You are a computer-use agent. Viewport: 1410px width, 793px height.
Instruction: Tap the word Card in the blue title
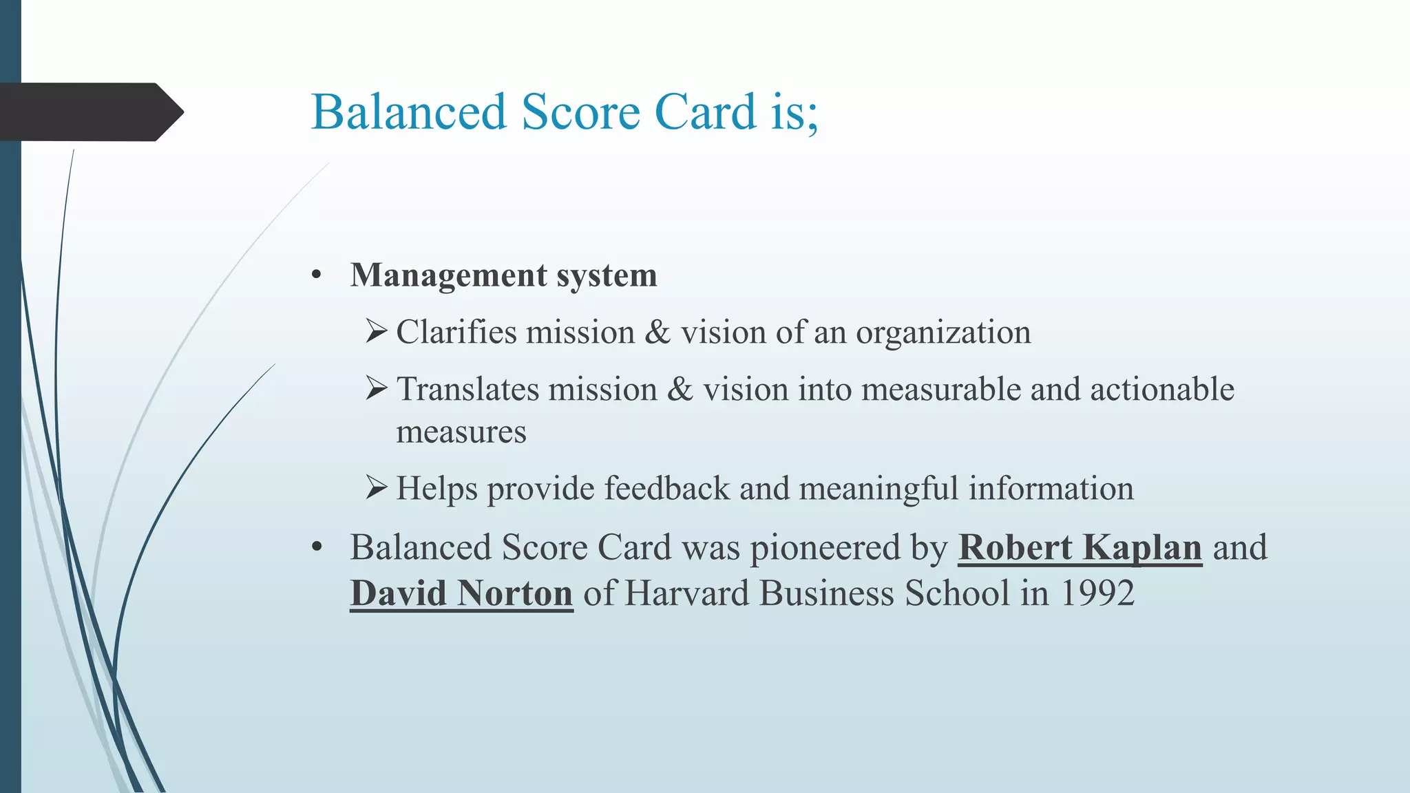706,112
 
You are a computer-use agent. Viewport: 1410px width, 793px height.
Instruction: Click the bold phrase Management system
503,275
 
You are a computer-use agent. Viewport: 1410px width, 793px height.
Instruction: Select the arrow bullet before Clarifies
377,332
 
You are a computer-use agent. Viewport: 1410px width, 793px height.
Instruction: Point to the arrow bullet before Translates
377,389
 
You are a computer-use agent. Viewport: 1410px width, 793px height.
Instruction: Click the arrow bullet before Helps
377,488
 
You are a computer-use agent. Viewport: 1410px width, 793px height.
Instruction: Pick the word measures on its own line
461,433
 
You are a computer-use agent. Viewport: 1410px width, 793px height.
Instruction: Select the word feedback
666,489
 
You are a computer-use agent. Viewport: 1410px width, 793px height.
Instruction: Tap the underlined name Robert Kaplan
1080,548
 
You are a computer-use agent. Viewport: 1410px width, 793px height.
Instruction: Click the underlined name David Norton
461,593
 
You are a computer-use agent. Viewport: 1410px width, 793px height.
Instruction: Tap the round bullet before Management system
316,276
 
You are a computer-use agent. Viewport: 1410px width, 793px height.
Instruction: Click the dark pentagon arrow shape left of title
90,112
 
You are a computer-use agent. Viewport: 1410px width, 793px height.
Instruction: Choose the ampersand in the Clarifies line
657,332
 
